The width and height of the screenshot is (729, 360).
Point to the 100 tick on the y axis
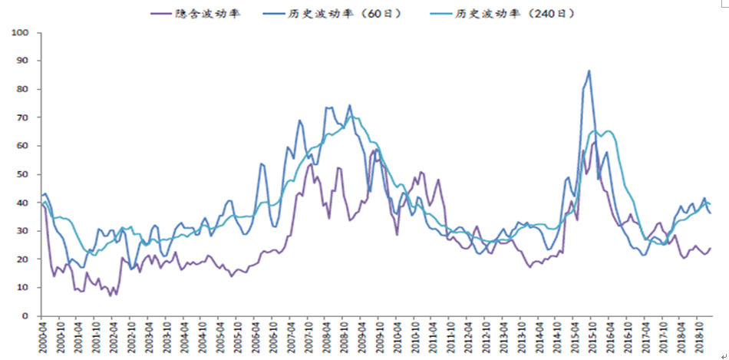pos(20,33)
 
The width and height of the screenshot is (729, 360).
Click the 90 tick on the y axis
pos(22,61)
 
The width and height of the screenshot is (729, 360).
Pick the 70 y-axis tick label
pos(22,117)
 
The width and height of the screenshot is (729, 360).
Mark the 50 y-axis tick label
pos(22,174)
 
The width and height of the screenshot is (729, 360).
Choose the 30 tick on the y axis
pos(22,231)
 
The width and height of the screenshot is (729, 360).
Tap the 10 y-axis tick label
pos(22,288)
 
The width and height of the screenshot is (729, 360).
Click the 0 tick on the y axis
pos(25,316)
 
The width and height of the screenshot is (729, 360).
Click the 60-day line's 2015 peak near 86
pos(589,71)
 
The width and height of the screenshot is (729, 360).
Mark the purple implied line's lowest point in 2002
pos(110,296)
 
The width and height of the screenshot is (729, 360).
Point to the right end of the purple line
pos(711,247)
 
